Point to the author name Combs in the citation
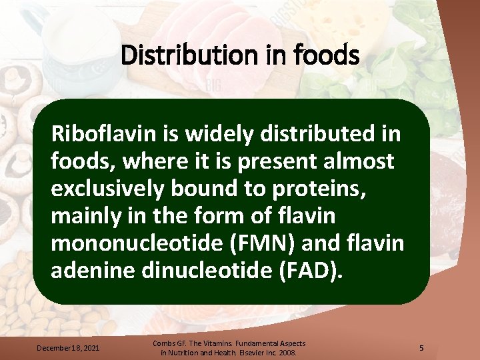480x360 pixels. [x=165, y=343]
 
